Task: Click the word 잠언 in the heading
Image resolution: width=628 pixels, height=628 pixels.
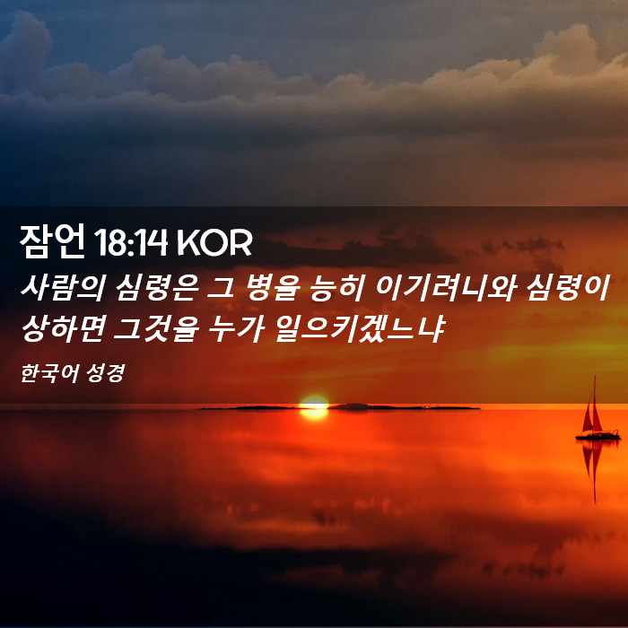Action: click(52, 241)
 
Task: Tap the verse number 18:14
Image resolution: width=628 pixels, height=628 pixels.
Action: click(131, 242)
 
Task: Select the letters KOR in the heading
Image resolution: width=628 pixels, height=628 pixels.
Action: click(214, 242)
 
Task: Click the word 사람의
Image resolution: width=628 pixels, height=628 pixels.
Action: click(63, 287)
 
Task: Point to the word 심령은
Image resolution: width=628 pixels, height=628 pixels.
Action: click(156, 287)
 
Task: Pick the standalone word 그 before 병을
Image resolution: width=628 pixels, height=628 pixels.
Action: click(220, 288)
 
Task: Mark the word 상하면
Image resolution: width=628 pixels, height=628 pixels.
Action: click(63, 328)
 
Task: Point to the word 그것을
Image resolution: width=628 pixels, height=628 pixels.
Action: click(156, 328)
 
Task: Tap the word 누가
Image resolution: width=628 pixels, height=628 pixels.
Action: click(236, 328)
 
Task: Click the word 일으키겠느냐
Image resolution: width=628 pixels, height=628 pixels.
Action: click(360, 328)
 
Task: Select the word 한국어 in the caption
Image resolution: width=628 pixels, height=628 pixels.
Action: click(48, 373)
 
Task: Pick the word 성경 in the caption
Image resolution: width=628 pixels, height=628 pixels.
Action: click(105, 373)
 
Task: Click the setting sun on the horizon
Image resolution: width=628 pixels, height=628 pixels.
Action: click(314, 407)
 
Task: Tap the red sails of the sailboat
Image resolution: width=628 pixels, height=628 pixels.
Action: click(593, 413)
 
